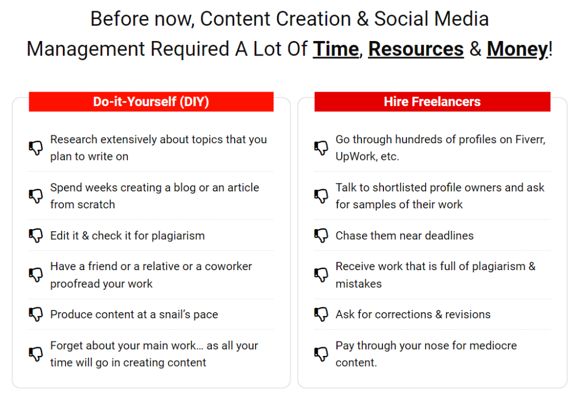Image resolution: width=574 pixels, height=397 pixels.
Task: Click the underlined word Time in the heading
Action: (336, 49)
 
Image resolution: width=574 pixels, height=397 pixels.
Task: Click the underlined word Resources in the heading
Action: (416, 49)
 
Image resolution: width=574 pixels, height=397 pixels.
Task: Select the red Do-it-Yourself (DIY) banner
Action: (151, 102)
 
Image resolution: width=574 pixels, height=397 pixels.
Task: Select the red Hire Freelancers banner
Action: (432, 102)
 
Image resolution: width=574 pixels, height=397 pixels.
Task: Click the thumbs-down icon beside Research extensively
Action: (36, 148)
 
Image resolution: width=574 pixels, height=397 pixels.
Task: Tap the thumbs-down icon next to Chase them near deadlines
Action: (321, 235)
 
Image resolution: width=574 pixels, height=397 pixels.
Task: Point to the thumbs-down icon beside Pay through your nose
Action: (321, 354)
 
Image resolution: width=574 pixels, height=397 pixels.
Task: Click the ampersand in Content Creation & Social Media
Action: (362, 19)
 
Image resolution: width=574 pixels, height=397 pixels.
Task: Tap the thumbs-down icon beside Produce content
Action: (36, 314)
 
